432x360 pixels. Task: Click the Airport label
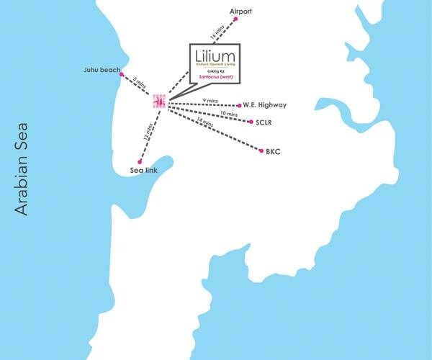click(x=242, y=12)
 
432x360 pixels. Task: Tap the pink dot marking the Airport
click(x=235, y=20)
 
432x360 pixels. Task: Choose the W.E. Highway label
click(x=265, y=105)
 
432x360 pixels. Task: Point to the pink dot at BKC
click(x=261, y=151)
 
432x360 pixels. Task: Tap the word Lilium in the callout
click(x=216, y=56)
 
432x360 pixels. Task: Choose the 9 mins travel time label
click(x=210, y=99)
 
